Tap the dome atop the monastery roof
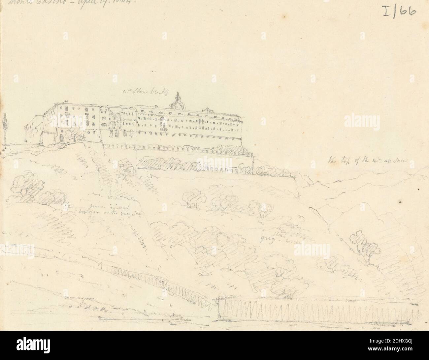click(177, 104)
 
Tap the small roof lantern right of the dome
click(207, 109)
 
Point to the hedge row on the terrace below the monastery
click(195, 163)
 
